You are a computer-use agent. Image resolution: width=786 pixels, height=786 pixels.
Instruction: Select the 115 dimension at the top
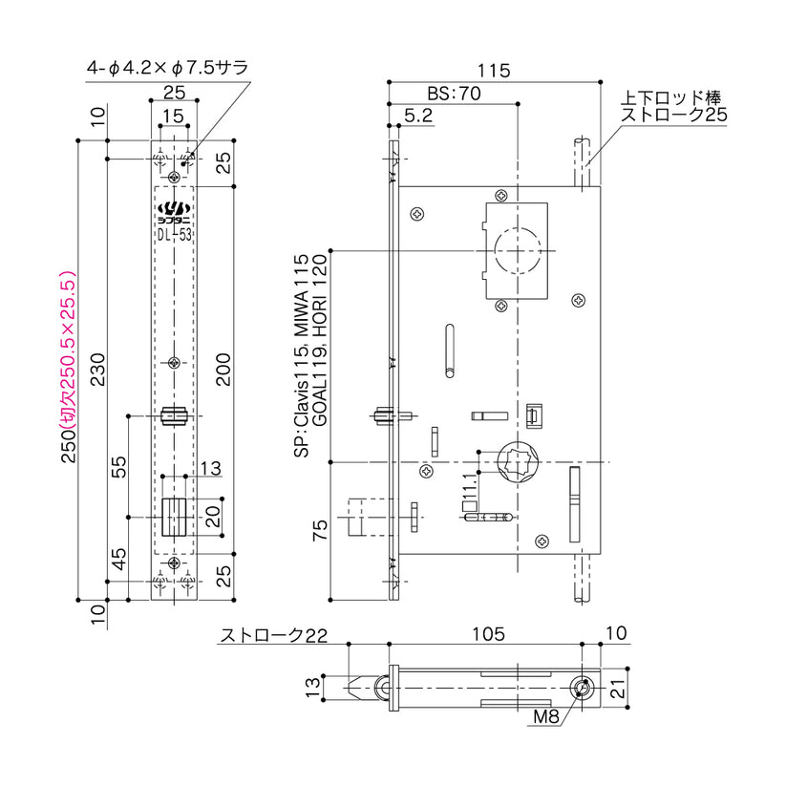[494, 71]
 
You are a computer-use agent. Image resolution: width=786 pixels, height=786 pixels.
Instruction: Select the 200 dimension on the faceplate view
[222, 367]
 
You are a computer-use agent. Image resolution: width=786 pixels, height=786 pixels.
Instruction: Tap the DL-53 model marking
[174, 230]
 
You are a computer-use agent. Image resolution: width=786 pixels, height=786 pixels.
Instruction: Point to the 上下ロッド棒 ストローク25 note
[674, 105]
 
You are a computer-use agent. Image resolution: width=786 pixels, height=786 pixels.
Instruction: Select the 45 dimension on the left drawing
[118, 558]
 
